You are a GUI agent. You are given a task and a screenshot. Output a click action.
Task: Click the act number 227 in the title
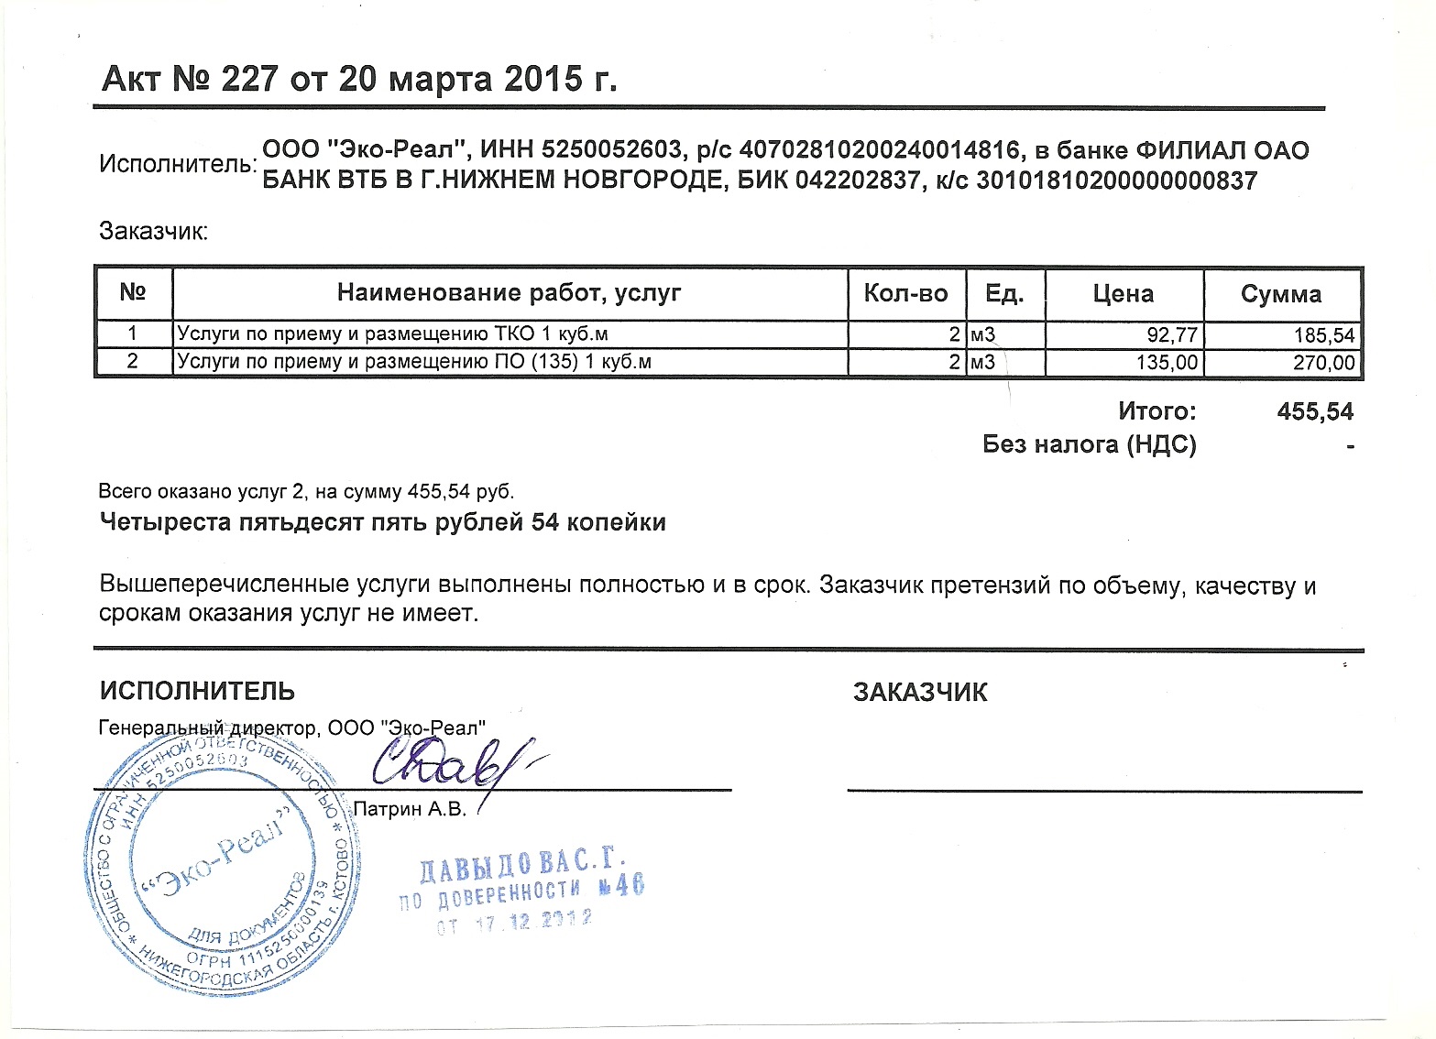click(247, 80)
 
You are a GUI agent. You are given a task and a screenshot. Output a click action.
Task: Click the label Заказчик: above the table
click(154, 231)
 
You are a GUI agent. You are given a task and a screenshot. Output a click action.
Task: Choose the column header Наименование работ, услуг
click(509, 293)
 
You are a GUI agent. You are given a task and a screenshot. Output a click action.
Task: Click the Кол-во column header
click(905, 294)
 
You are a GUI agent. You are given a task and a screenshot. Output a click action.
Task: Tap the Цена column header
click(1123, 294)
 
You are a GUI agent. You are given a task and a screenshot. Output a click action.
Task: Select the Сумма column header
click(1280, 294)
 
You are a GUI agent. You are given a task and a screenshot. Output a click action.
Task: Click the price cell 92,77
click(1172, 335)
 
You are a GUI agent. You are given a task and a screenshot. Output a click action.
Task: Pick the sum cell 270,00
click(1323, 363)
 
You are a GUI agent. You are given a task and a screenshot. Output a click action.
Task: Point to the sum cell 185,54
click(1323, 335)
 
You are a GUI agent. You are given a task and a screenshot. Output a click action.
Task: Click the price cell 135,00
click(1166, 363)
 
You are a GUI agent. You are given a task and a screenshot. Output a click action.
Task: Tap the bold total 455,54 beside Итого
click(1314, 411)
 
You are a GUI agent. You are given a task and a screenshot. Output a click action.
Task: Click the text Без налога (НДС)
click(1089, 445)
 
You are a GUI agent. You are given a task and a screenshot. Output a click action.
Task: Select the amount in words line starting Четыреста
click(382, 523)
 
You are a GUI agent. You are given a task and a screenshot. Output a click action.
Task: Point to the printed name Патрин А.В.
click(410, 810)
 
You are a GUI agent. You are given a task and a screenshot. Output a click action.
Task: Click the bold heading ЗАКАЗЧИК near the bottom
click(919, 693)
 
